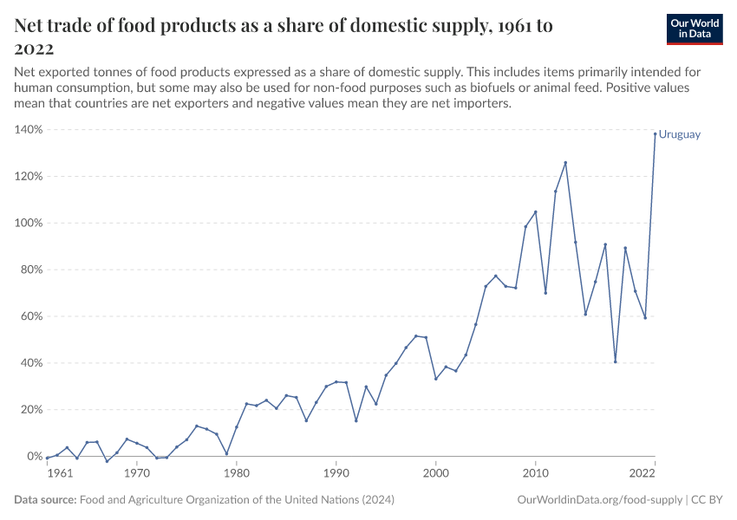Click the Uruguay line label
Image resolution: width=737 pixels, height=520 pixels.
pyautogui.click(x=679, y=134)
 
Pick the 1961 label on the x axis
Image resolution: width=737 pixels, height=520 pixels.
pyautogui.click(x=59, y=473)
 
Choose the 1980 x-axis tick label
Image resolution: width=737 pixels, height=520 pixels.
pyautogui.click(x=237, y=473)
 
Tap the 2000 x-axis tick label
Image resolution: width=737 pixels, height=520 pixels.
pyautogui.click(x=436, y=473)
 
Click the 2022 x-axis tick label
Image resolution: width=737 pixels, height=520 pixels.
pyautogui.click(x=642, y=473)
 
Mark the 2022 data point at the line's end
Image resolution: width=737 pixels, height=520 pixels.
pyautogui.click(x=655, y=133)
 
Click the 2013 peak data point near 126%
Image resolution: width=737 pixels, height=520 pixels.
pyautogui.click(x=565, y=162)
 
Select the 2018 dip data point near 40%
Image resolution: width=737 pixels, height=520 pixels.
pyautogui.click(x=616, y=361)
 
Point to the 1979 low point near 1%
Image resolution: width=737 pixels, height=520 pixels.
pyautogui.click(x=226, y=453)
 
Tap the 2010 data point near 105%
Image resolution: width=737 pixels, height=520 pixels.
pyautogui.click(x=536, y=211)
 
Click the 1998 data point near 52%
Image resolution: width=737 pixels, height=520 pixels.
pyautogui.click(x=416, y=335)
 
